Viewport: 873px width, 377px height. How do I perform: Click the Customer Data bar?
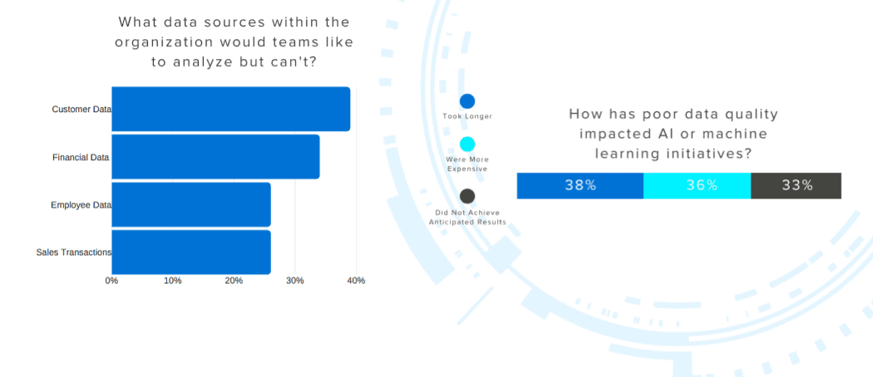click(x=230, y=109)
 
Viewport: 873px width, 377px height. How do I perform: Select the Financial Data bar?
click(x=215, y=157)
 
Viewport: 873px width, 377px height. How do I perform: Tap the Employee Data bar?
click(x=191, y=204)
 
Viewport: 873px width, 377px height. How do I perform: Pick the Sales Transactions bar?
click(x=191, y=252)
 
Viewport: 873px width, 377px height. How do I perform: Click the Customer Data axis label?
click(x=81, y=110)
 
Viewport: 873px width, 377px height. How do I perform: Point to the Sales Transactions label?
click(x=74, y=252)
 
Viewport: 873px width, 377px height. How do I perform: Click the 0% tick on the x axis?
click(x=111, y=281)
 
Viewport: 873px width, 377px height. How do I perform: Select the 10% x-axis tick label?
click(x=173, y=281)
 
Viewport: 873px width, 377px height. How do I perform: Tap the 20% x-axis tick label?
click(x=234, y=281)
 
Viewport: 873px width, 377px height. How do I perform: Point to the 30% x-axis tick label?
click(x=295, y=281)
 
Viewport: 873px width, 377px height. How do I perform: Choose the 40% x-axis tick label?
click(x=356, y=281)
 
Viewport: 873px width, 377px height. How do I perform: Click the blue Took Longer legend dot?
click(x=467, y=101)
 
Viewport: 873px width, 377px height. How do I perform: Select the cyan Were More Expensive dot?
click(x=467, y=144)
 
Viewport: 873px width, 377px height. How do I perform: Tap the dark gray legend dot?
click(x=467, y=196)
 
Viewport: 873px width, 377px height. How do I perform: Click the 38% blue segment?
click(x=580, y=186)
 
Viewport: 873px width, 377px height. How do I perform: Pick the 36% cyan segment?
click(x=698, y=186)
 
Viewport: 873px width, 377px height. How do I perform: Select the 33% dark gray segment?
click(x=796, y=186)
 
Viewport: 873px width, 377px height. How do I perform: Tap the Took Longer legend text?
click(x=467, y=116)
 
